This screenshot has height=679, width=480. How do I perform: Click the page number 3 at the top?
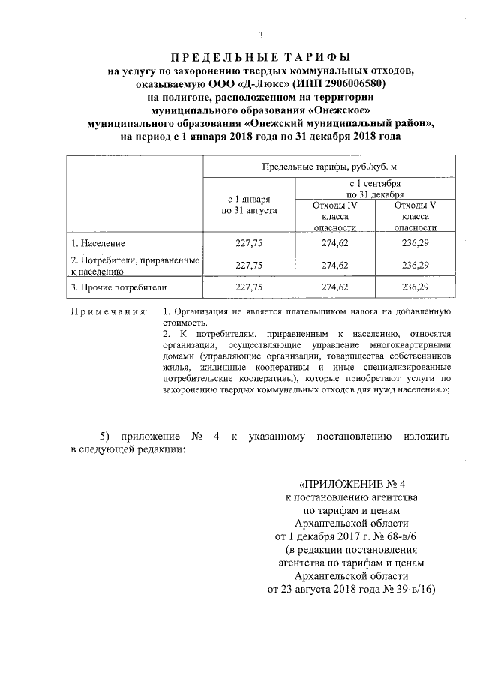(259, 35)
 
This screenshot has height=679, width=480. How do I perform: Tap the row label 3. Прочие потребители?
(118, 287)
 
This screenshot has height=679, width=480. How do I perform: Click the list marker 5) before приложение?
(104, 437)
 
